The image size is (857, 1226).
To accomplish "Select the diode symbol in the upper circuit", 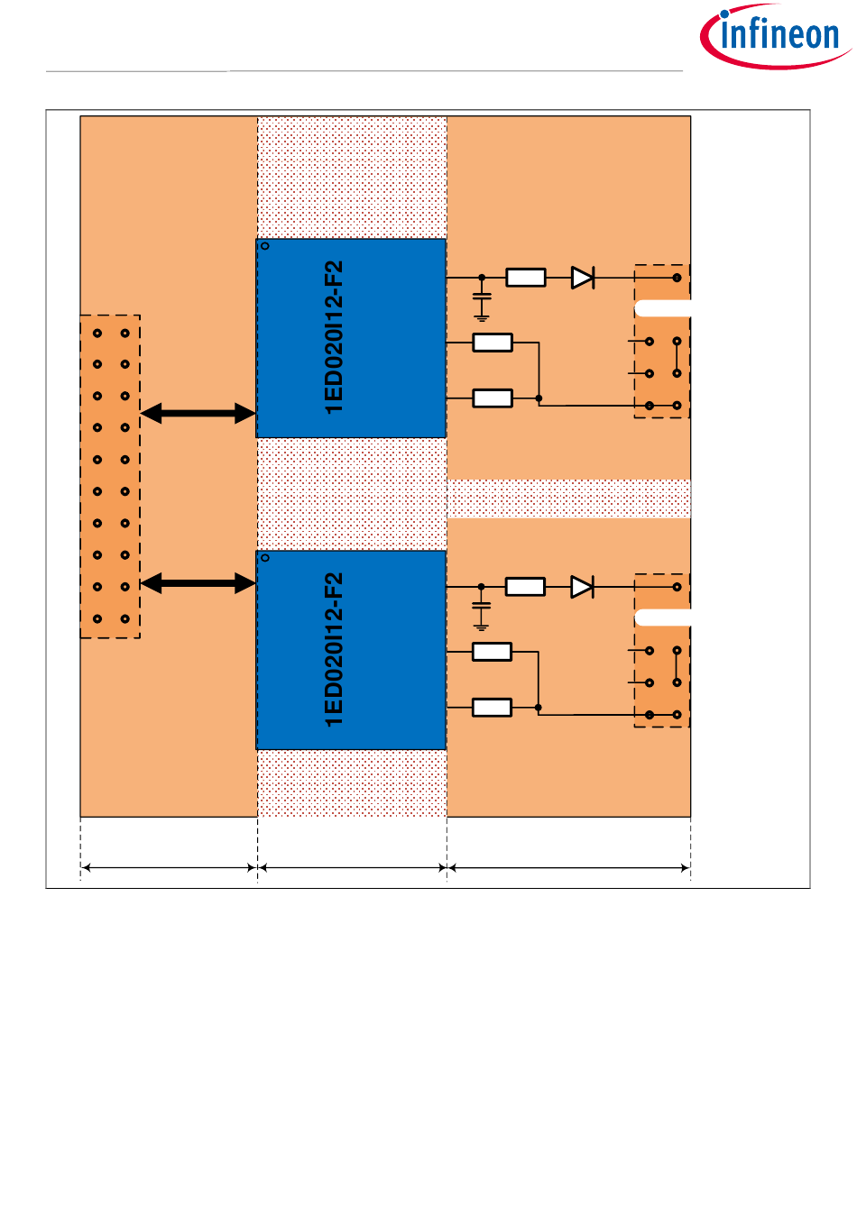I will click(583, 278).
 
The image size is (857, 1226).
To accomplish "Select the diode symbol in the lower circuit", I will click(582, 588).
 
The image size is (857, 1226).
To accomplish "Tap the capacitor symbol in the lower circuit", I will click(482, 606).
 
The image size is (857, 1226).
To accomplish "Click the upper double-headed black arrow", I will click(198, 414).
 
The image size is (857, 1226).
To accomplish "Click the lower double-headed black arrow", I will click(198, 583).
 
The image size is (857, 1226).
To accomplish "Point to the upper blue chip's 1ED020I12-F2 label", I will click(334, 338).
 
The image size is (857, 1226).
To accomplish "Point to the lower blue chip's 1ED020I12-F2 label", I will click(334, 650).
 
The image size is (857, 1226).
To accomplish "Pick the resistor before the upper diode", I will click(526, 278).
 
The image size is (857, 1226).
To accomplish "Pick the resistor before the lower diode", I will click(525, 588).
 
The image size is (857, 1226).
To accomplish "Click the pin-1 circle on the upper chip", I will click(265, 246).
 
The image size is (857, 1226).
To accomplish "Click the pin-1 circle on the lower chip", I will click(265, 558).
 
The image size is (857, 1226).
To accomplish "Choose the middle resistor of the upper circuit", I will click(493, 343).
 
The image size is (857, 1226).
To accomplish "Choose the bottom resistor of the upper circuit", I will click(493, 398).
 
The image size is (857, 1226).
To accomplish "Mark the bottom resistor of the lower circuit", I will click(492, 709).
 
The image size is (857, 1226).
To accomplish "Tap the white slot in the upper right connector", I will click(663, 308).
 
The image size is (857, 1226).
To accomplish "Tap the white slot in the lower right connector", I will click(663, 618).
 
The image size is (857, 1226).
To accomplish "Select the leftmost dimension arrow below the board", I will click(168, 868).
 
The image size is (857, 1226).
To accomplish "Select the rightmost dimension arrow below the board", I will click(569, 868).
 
